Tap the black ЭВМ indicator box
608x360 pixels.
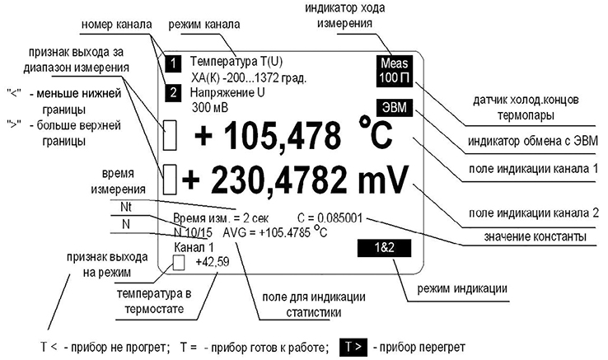(396, 107)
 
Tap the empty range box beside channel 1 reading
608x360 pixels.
(171, 135)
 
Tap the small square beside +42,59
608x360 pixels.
(179, 263)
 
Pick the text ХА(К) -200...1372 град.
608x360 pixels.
(248, 77)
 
